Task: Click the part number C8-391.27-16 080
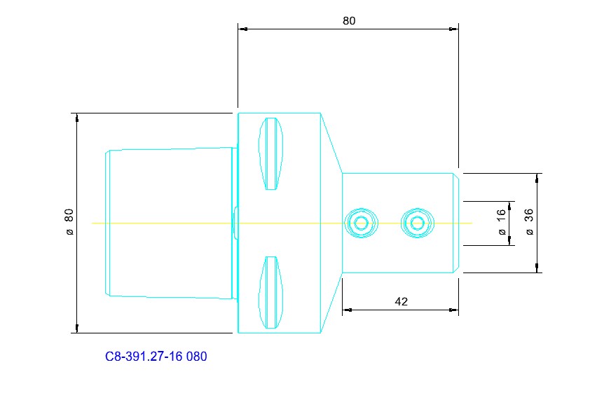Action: tap(156, 357)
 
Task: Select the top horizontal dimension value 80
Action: tap(349, 21)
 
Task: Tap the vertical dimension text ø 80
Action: tap(69, 222)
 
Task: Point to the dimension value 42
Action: tap(401, 301)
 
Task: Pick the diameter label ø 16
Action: tap(501, 222)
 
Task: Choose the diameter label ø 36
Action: tap(529, 222)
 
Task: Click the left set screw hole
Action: tap(362, 223)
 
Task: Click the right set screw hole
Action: tap(418, 223)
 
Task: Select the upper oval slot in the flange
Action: tap(271, 153)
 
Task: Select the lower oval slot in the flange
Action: tap(271, 293)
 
